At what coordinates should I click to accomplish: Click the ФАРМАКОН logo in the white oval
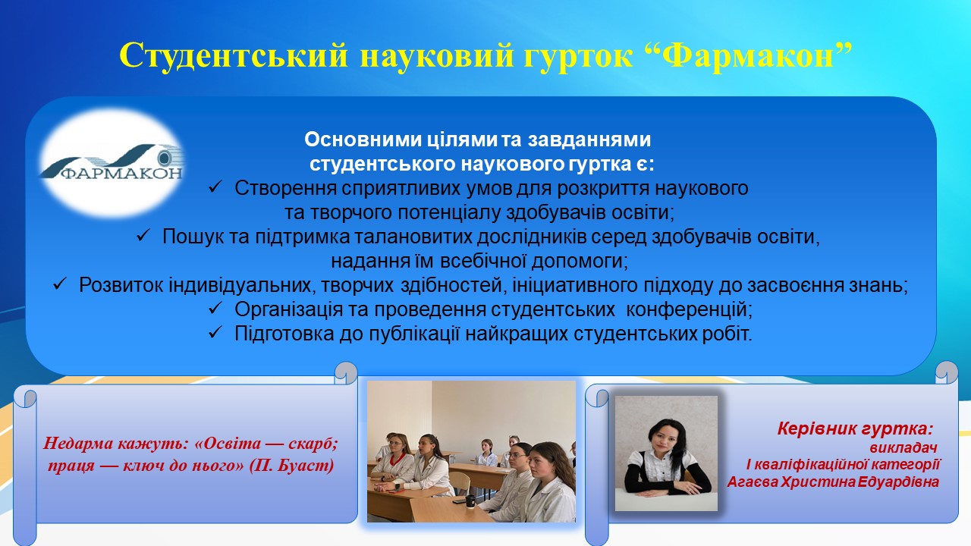coord(112,162)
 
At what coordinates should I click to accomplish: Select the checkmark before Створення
coord(215,187)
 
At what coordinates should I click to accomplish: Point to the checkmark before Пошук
coord(143,236)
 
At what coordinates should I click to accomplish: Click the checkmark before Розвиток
coord(59,284)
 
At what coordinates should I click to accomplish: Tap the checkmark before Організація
coord(215,309)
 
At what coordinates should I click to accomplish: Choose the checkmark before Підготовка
coord(215,333)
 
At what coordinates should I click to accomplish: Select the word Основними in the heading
coord(363,140)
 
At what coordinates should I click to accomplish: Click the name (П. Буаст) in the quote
coord(292,466)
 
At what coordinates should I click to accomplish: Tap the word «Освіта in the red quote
coord(228,444)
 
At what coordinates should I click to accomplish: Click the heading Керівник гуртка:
coord(855,428)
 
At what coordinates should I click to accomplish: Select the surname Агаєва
coord(752,482)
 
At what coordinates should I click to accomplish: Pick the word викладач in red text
coord(903,447)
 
